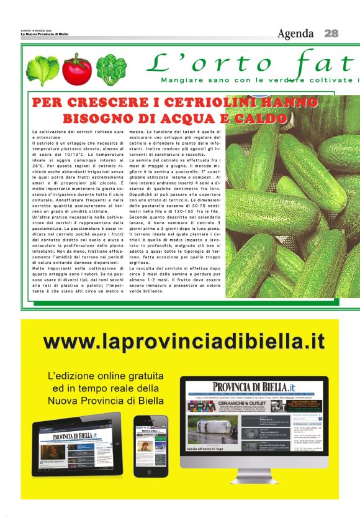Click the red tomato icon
(x=76, y=70)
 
